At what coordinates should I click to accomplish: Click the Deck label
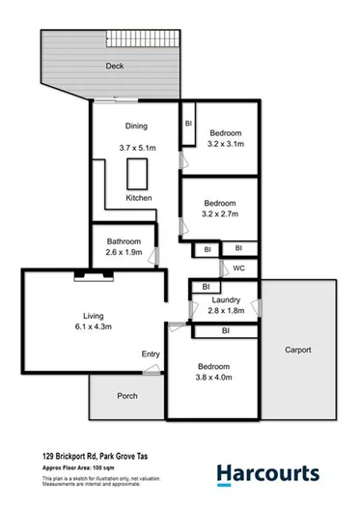point(116,66)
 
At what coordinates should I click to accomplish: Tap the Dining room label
point(136,127)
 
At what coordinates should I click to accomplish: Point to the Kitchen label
point(139,200)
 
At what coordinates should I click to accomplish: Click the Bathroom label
point(125,241)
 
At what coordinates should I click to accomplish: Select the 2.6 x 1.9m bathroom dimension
point(125,253)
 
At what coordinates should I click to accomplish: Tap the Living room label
point(94,316)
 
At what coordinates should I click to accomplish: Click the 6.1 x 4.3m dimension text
point(95,328)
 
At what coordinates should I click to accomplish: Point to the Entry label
point(151,354)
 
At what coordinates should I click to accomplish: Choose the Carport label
point(298,350)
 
